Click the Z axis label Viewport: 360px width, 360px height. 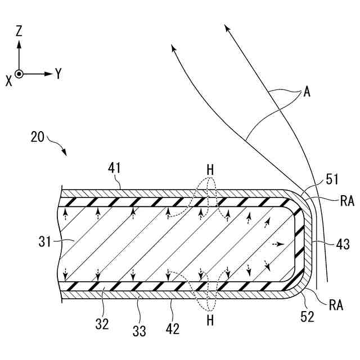tap(19, 32)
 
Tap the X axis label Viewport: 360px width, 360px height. tap(8, 80)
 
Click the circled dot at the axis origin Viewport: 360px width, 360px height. tap(19, 74)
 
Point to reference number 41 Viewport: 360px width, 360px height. tap(115, 168)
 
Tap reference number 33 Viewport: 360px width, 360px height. tap(139, 331)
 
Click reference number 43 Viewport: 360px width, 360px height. tap(343, 245)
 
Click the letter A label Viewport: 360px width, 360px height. tap(307, 93)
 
